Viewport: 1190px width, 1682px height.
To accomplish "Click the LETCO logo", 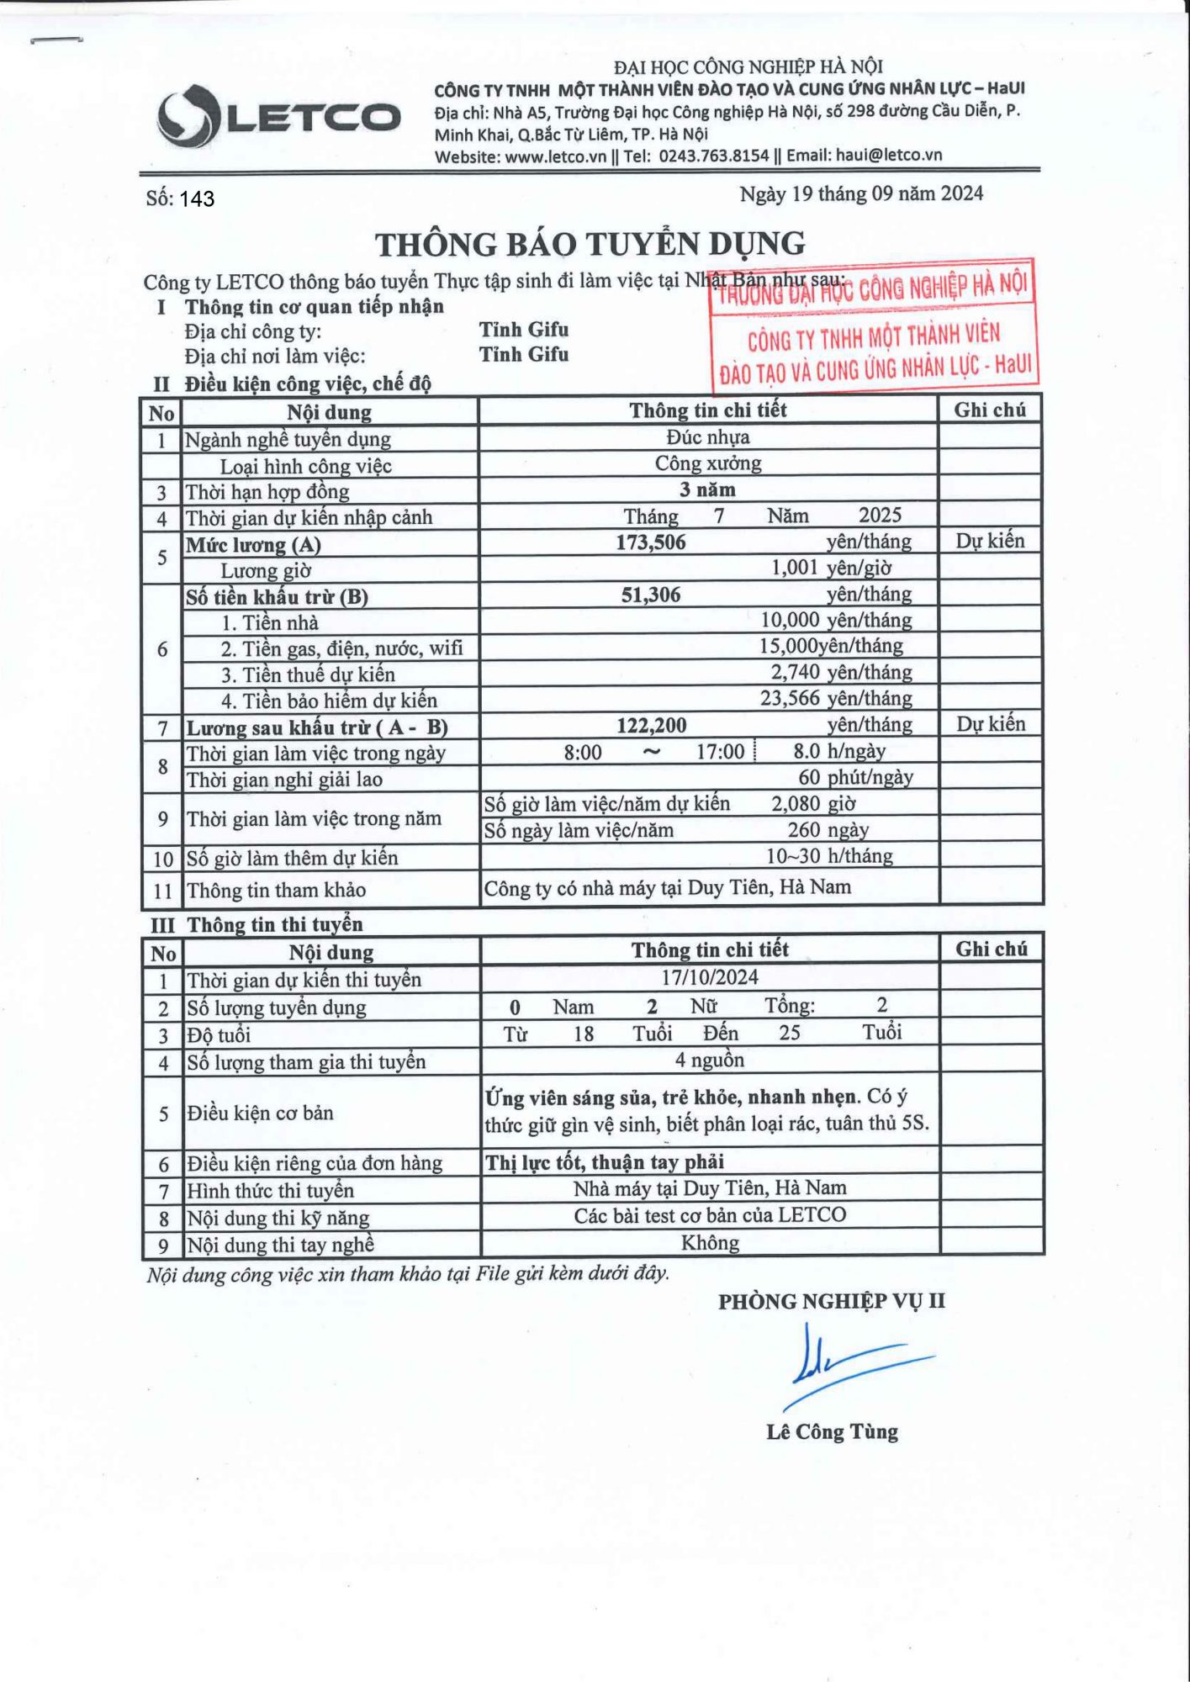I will pos(278,116).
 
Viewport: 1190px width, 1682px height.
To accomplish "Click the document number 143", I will pos(197,199).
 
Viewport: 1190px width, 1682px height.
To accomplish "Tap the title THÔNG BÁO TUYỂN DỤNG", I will pos(590,244).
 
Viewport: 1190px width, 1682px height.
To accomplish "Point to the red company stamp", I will pos(873,328).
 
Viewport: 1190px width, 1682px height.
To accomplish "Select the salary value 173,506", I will pos(650,542).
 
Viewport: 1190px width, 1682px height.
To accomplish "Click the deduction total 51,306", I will pos(650,595).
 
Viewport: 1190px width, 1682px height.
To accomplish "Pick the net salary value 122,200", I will pos(651,725).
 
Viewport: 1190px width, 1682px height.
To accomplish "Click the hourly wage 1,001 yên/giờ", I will pos(831,569).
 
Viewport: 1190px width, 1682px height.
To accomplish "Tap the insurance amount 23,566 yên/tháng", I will pos(835,699).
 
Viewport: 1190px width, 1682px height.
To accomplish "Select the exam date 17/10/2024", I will pos(709,977).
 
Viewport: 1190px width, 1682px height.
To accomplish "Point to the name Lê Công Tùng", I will pos(832,1431).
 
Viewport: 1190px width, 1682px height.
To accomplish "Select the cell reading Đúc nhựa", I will pos(707,437).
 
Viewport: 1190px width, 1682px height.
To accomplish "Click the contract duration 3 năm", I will pos(707,489).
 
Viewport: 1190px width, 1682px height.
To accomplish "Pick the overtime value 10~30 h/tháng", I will pos(828,856).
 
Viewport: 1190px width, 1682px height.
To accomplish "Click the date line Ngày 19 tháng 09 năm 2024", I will pos(860,194).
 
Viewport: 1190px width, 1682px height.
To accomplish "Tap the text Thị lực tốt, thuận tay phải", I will pos(604,1162).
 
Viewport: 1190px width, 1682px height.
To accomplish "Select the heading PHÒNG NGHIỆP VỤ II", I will pos(831,1302).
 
